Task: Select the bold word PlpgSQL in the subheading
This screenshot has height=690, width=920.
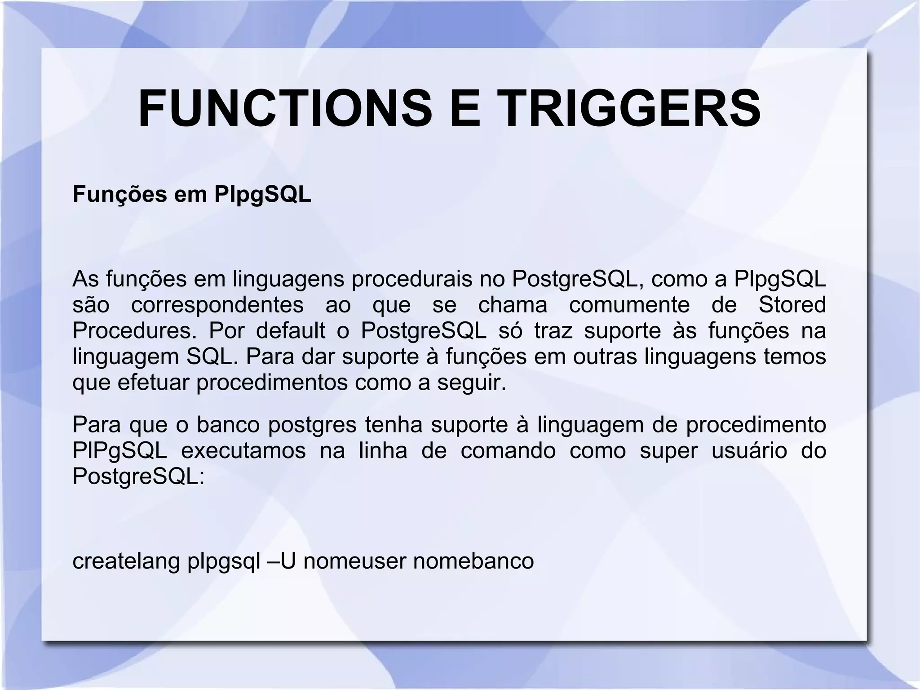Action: (x=263, y=195)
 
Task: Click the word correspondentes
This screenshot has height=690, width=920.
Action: (x=217, y=305)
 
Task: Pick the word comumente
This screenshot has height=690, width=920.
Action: (x=629, y=305)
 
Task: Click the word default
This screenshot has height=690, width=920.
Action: (x=291, y=331)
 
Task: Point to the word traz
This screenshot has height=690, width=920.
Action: (x=553, y=331)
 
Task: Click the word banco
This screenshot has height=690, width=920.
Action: (x=228, y=425)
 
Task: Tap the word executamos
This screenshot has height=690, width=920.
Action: (x=243, y=451)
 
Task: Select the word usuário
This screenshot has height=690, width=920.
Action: (x=749, y=451)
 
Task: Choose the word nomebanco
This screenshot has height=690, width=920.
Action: (x=473, y=561)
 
